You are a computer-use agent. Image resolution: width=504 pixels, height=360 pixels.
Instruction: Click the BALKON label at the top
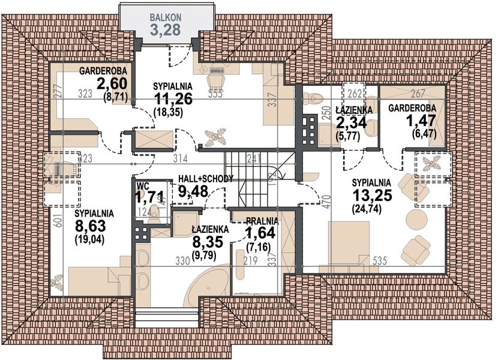tap(166, 17)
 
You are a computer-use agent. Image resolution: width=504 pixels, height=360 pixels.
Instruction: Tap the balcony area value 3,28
tap(166, 30)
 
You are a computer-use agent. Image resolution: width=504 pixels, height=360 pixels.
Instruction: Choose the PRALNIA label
tap(261, 220)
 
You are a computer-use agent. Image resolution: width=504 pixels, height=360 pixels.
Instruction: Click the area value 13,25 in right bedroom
tap(371, 196)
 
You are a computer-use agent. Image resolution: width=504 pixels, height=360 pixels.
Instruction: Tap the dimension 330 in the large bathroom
tap(191, 261)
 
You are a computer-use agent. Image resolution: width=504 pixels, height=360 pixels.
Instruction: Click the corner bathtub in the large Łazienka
tap(208, 288)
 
